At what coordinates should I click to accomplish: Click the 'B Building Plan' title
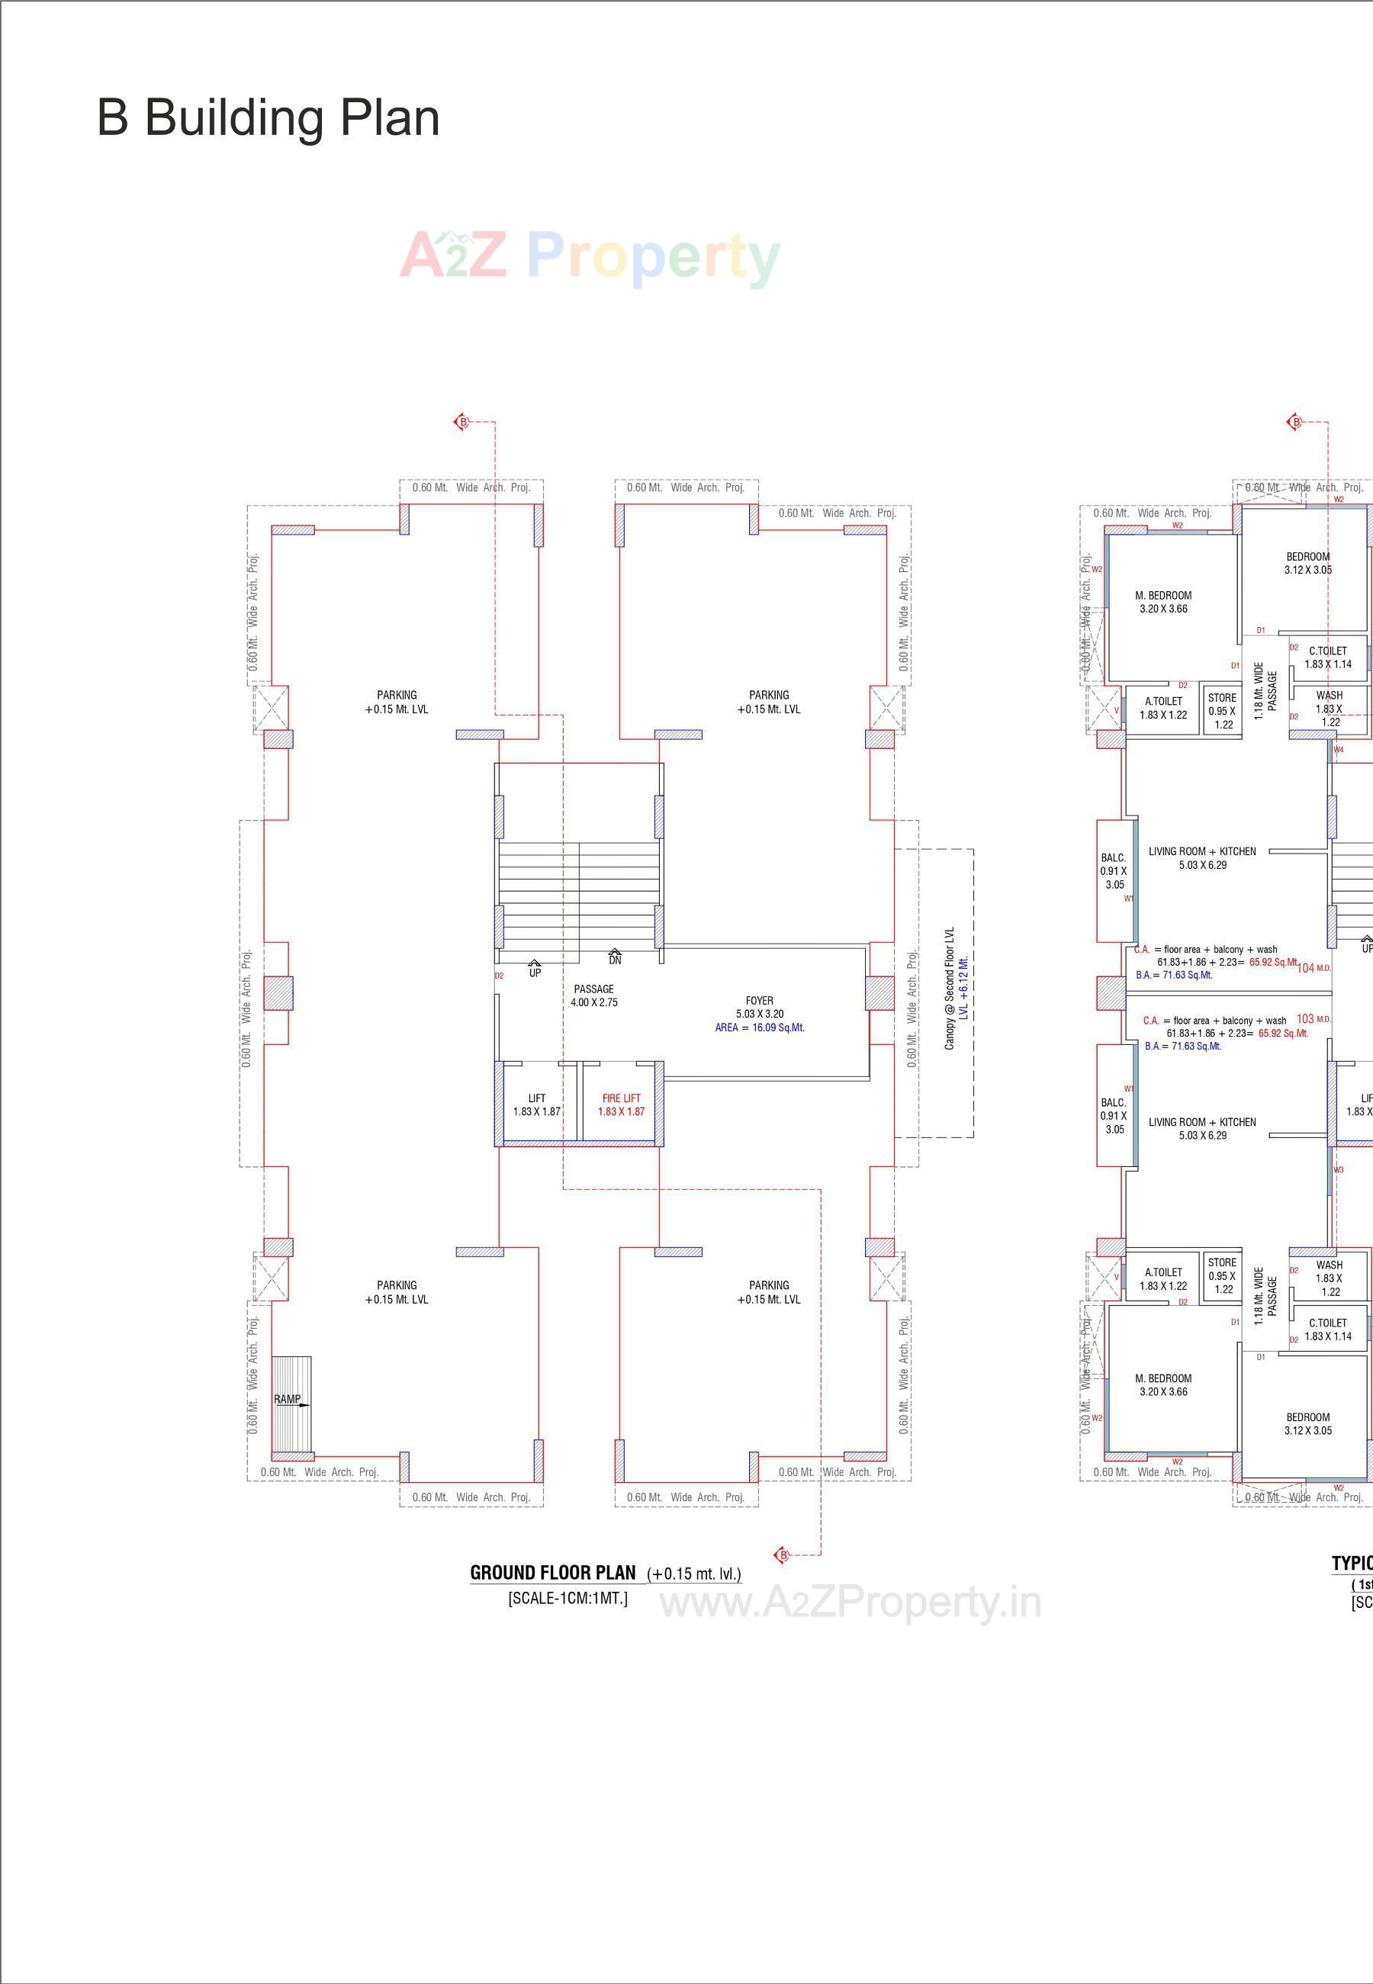[268, 118]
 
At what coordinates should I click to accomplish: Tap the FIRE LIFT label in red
[621, 1105]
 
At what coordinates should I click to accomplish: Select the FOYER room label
[759, 1001]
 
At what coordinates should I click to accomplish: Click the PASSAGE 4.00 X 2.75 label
[593, 995]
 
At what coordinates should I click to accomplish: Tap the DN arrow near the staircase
[614, 956]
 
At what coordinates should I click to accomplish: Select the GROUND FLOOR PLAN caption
[552, 1573]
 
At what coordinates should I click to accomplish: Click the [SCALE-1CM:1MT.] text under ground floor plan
[567, 1599]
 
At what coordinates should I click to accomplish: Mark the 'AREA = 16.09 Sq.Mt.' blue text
[759, 1027]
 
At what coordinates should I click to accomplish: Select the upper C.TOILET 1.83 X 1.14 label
[1327, 658]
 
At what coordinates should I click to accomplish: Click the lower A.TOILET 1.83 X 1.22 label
[1163, 1278]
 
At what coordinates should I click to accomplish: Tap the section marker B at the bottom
[782, 1555]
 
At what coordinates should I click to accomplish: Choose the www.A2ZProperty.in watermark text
[850, 1602]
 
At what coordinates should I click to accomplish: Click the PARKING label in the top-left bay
[396, 702]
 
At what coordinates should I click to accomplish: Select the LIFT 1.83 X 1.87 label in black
[537, 1105]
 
